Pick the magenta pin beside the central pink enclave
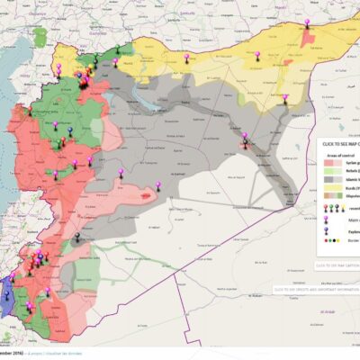pos(158,185)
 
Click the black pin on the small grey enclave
pos(77,238)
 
